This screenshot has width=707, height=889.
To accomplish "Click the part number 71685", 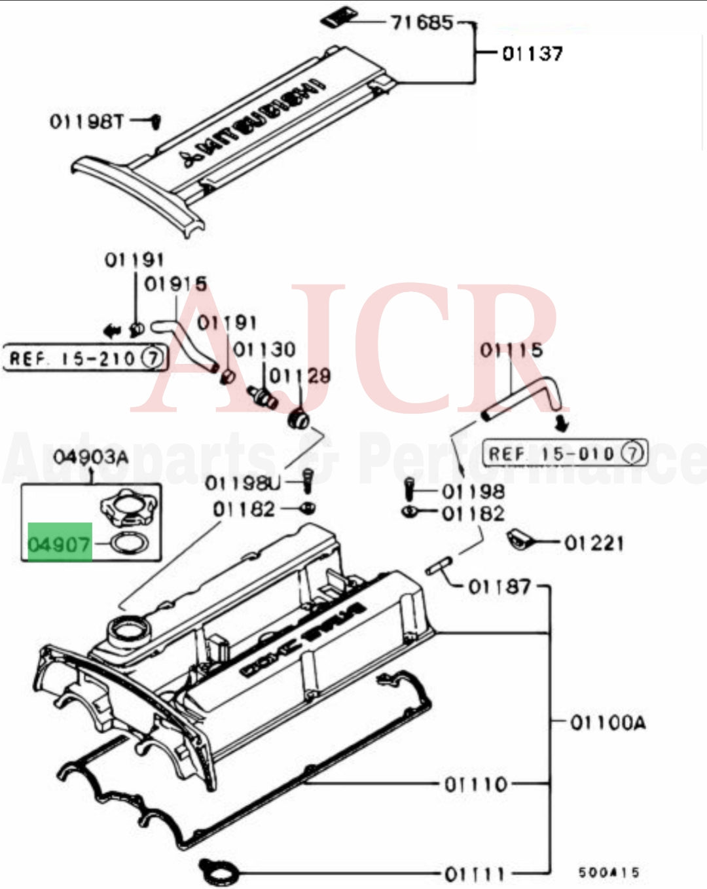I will tap(422, 23).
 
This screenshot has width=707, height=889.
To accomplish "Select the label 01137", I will tap(532, 53).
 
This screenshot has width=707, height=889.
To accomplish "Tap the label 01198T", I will tap(86, 121).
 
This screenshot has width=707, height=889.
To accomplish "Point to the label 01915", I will tap(175, 283).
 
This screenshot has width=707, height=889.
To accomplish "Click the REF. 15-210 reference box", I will tap(85, 358).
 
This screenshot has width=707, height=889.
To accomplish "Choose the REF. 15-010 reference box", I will tap(564, 453).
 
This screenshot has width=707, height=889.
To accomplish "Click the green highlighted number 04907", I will tap(59, 543).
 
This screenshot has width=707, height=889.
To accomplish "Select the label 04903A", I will tap(90, 456).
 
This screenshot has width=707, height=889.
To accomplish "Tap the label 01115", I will tap(511, 350).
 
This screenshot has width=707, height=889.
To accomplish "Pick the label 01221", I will tap(594, 543).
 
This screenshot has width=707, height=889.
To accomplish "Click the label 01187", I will tap(499, 586).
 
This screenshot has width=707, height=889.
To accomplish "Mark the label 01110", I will tap(476, 784).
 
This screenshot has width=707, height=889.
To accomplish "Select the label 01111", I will tap(475, 873).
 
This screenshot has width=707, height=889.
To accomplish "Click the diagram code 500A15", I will tap(608, 872).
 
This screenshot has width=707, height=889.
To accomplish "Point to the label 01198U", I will tap(242, 483).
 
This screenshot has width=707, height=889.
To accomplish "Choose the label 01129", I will tap(300, 376).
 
